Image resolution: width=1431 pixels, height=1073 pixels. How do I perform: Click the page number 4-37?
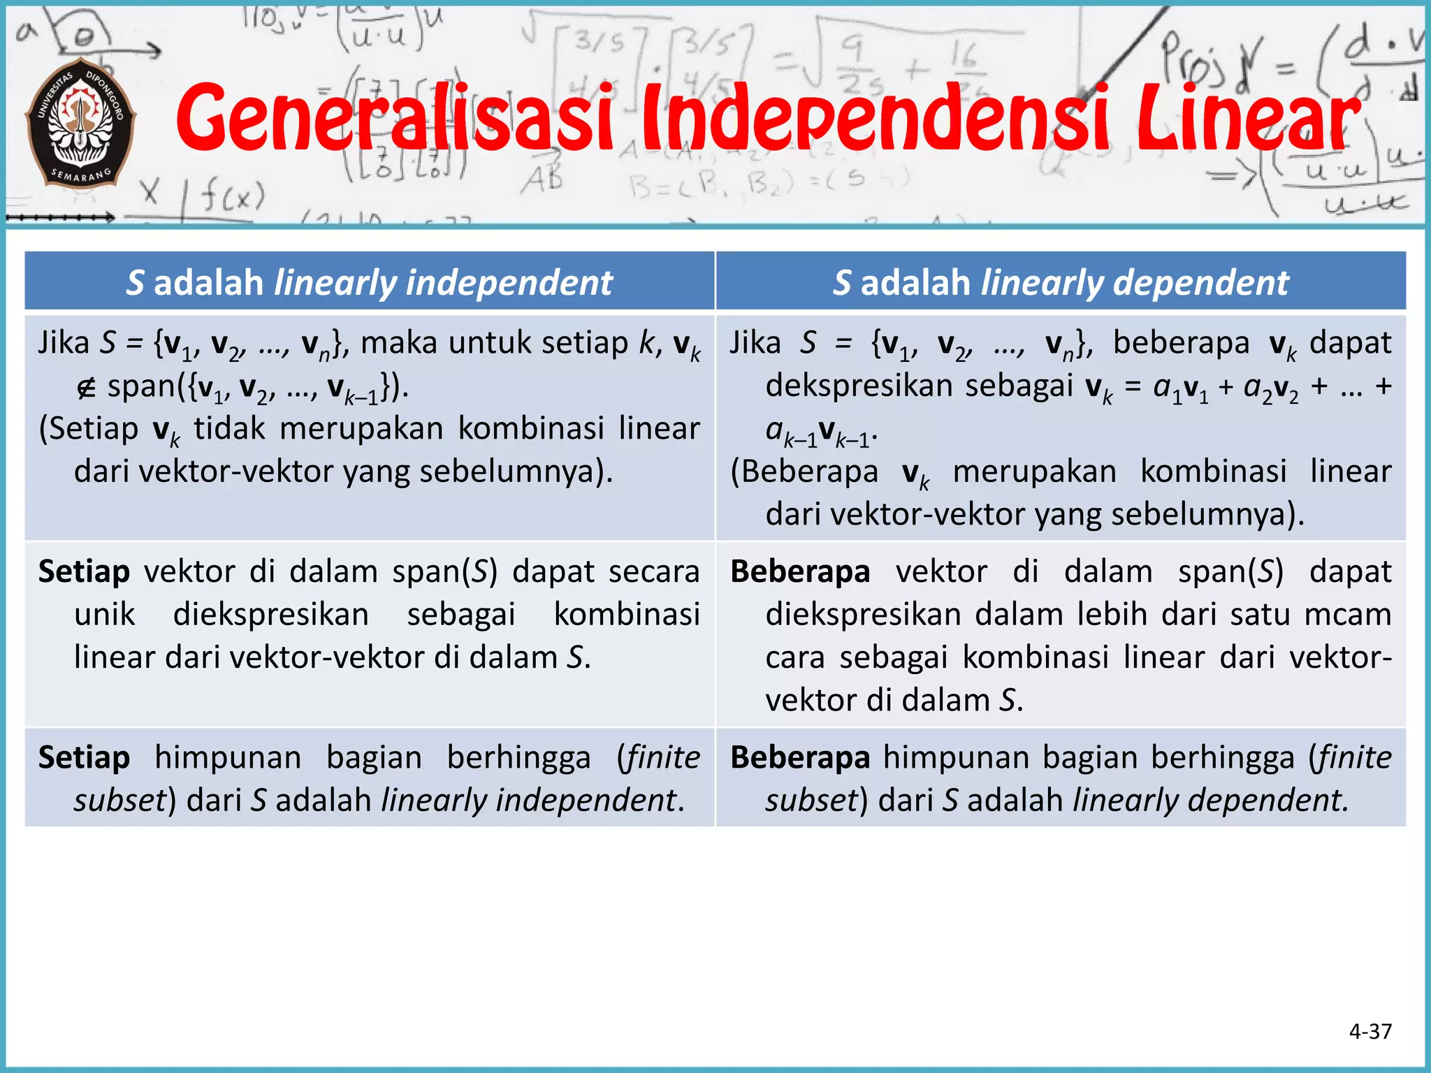[1370, 1031]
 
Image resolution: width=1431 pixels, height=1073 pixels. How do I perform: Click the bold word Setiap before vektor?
[84, 571]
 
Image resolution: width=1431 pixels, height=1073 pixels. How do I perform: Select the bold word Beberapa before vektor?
[800, 571]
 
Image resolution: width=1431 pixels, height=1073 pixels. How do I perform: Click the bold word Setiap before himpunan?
[84, 757]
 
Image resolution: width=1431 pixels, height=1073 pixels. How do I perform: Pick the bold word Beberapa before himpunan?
[800, 757]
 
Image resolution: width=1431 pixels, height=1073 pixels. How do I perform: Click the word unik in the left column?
[105, 615]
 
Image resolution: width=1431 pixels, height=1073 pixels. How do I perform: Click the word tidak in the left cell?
[229, 428]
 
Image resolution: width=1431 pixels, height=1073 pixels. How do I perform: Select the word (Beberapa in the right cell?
[804, 472]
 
